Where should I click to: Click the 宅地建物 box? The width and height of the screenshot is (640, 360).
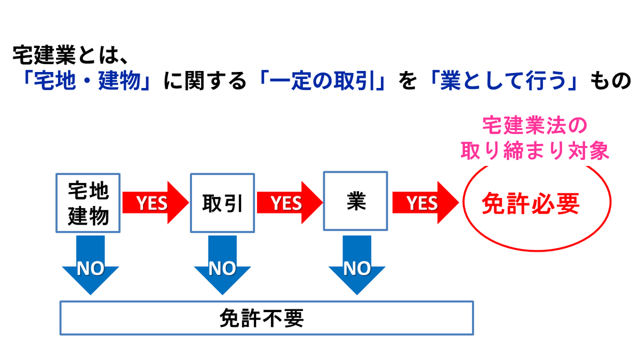89,203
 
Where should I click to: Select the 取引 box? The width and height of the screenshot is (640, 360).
222,203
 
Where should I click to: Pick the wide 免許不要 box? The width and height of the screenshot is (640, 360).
266,318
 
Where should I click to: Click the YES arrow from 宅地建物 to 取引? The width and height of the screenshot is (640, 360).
155,203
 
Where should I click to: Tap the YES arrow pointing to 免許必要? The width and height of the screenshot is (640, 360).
425,203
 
